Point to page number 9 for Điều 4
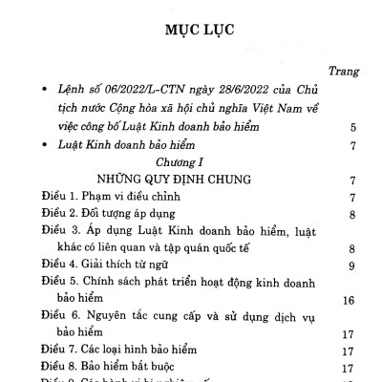point(353,265)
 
